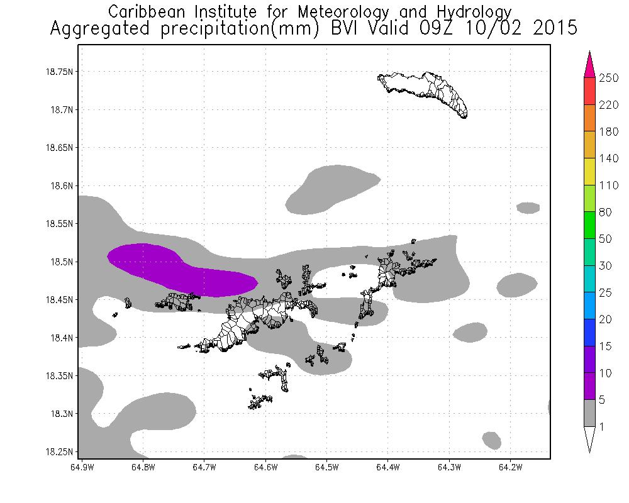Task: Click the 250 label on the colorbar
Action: pos(610,78)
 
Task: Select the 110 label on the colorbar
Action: pos(610,185)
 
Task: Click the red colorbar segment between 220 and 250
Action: pos(591,91)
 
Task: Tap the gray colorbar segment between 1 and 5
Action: pos(591,414)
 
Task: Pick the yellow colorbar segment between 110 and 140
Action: pos(591,172)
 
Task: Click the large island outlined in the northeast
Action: pos(428,91)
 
